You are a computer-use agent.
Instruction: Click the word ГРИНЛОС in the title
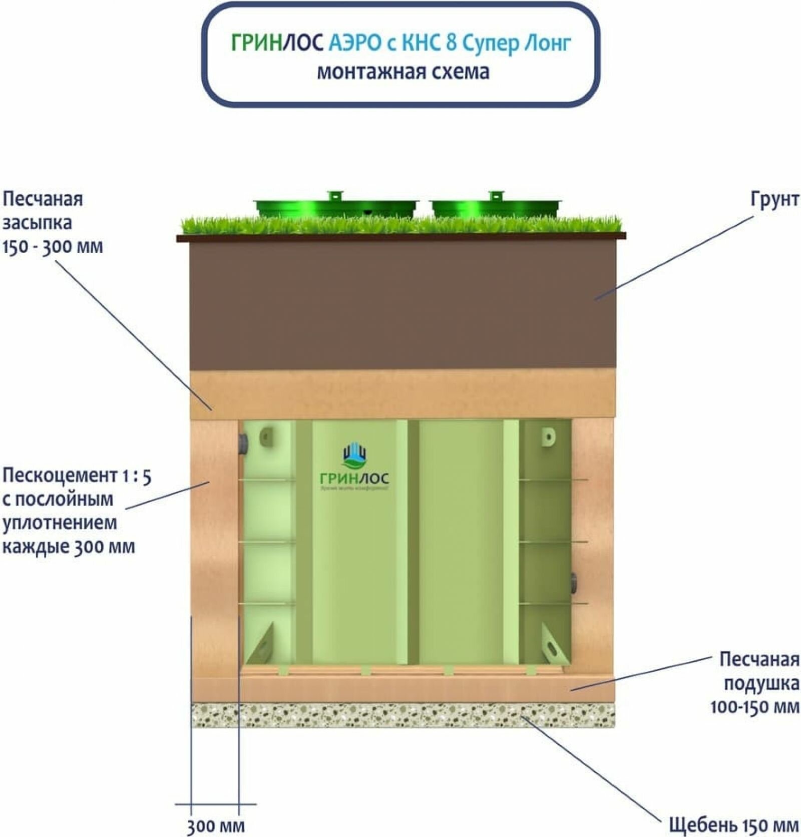tap(277, 44)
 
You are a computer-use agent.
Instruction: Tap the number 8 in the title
tap(451, 44)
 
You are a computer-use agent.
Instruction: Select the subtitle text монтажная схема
tap(403, 72)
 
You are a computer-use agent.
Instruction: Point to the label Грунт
tap(774, 199)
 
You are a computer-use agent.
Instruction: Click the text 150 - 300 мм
tap(53, 247)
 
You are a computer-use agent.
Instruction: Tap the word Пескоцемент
tap(59, 476)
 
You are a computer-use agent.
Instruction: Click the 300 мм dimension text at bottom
tap(216, 825)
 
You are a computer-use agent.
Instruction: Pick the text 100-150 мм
tap(754, 707)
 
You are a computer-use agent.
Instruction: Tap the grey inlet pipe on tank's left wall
tap(244, 443)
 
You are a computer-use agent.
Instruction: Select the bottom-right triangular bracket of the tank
tap(553, 644)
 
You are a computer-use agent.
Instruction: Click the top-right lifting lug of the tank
tap(549, 437)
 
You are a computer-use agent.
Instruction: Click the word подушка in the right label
tap(761, 683)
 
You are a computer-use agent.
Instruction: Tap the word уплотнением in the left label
tap(60, 523)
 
